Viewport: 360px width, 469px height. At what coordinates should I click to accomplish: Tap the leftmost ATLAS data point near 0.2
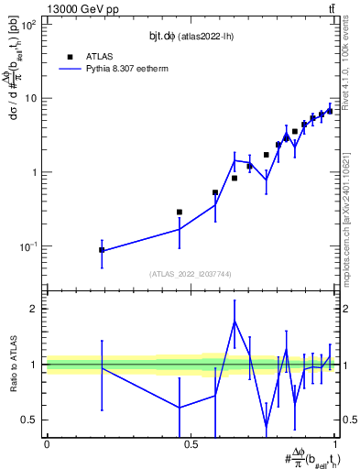[x=102, y=249]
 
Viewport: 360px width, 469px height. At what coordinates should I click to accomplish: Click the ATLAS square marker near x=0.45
[x=179, y=212]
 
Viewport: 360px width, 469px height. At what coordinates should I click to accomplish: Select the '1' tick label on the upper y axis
[x=33, y=172]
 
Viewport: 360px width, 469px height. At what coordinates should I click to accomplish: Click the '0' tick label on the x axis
[x=47, y=444]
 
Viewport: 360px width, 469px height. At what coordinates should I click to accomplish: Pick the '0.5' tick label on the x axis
[x=191, y=444]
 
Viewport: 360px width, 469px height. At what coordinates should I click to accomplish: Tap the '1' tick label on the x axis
[x=337, y=444]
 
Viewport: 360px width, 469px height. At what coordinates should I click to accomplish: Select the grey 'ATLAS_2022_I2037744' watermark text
[x=191, y=274]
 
